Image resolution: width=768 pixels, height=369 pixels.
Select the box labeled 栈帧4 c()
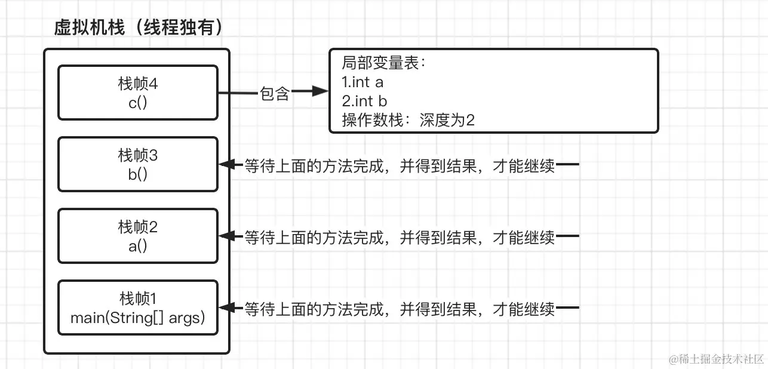(138, 93)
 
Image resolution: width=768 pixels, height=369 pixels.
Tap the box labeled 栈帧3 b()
(138, 164)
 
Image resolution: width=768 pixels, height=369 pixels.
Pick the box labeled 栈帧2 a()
(138, 236)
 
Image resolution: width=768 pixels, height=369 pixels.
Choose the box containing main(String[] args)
(138, 307)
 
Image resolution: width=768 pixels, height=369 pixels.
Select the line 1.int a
(363, 82)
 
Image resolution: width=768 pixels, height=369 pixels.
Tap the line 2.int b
(364, 102)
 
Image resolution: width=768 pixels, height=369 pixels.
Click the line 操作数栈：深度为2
(408, 121)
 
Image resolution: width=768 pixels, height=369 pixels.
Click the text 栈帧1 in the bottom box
(138, 298)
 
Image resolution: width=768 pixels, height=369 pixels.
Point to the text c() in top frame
(138, 102)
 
